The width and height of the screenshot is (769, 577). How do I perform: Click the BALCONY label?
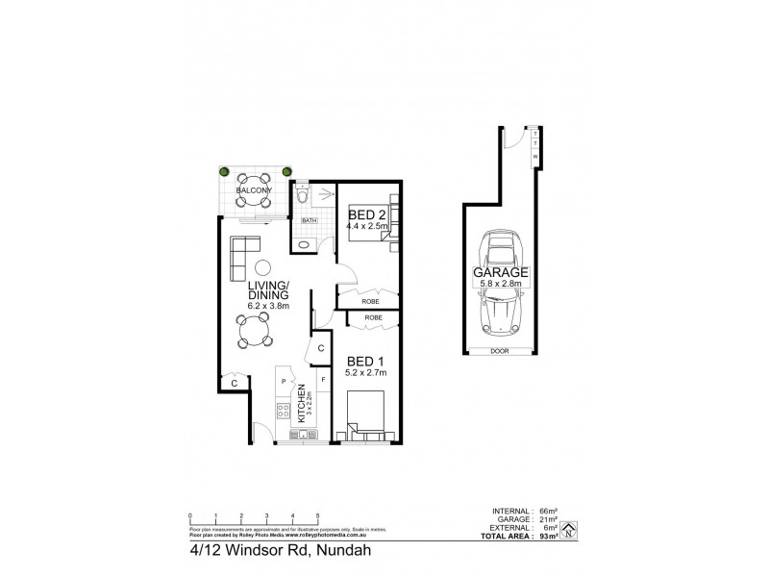(254, 190)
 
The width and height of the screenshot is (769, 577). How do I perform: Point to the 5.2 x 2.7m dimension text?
(366, 373)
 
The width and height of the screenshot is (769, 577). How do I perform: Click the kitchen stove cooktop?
(285, 412)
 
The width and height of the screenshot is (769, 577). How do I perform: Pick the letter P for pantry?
(284, 382)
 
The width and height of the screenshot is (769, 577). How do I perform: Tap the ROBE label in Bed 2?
(369, 301)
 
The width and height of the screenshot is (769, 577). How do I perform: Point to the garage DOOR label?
(497, 352)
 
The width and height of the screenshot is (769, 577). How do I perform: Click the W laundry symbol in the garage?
(534, 155)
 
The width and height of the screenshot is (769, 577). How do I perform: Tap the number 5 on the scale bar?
(317, 516)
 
